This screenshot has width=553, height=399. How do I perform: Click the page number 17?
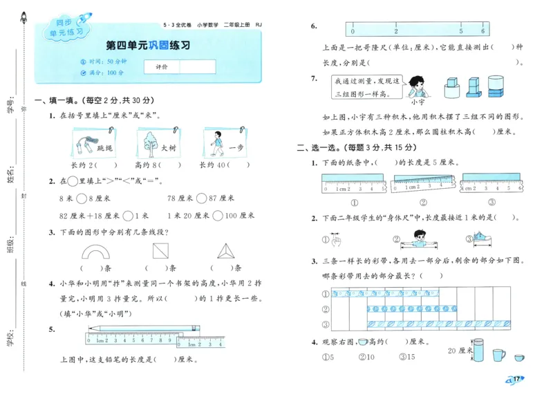point(517,379)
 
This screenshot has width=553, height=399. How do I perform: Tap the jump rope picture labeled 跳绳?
point(88,145)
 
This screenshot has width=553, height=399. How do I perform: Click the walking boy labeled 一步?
point(217,144)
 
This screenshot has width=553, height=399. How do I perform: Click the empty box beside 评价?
point(200,66)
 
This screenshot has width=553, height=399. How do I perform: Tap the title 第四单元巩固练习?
point(148,46)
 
